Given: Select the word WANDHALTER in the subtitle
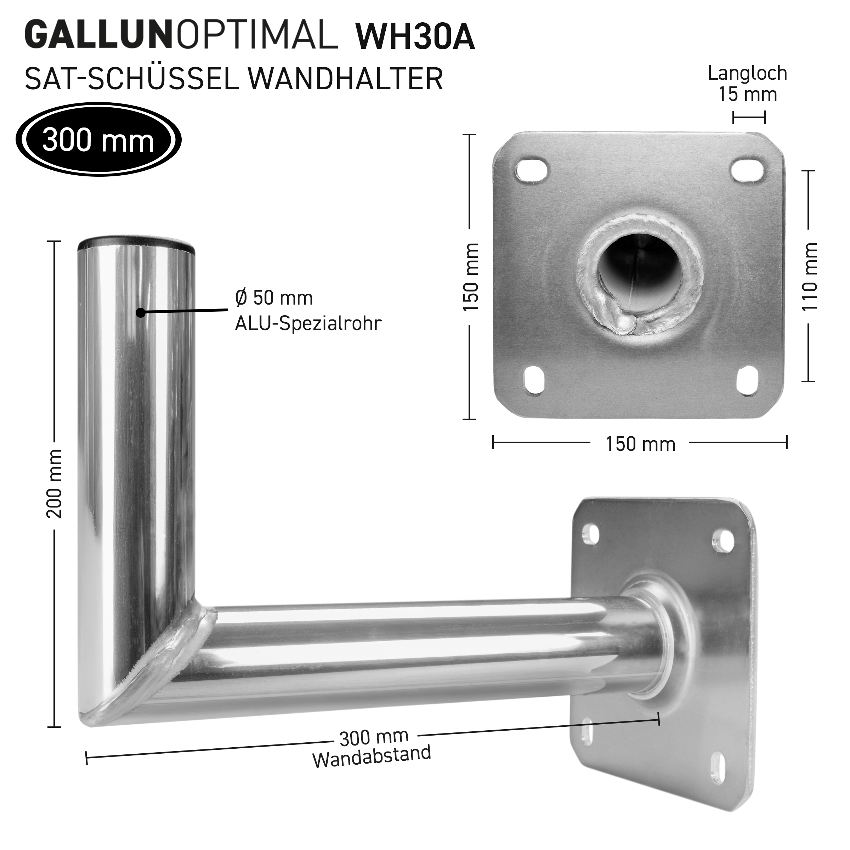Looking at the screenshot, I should [345, 79].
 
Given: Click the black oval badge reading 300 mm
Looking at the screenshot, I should [98, 140].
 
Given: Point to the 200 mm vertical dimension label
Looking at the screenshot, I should [55, 484].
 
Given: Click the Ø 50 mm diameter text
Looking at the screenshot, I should [274, 298].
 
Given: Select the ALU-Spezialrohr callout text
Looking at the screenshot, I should [308, 324].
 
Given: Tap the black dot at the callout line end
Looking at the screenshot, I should [140, 313].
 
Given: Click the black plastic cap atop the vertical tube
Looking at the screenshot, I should [136, 243].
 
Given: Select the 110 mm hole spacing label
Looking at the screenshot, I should [810, 277].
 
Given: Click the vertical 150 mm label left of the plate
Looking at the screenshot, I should [471, 277].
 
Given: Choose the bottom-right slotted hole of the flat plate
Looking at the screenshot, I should [748, 379].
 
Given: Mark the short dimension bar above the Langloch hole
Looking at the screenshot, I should [749, 118].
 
